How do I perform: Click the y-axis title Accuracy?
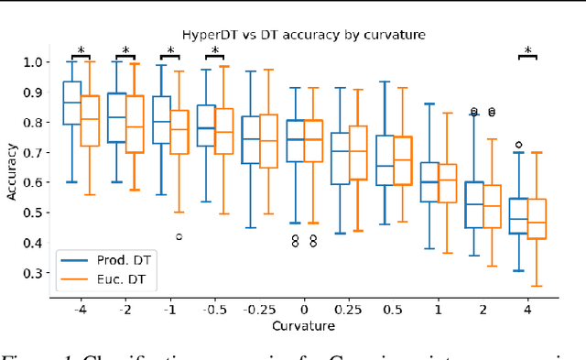pyautogui.click(x=12, y=169)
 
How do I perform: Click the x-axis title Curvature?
pyautogui.click(x=303, y=325)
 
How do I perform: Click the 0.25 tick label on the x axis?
pyautogui.click(x=349, y=309)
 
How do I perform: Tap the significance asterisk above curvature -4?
pyautogui.click(x=81, y=51)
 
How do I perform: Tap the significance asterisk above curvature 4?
pyautogui.click(x=528, y=51)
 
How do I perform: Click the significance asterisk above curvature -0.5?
pyautogui.click(x=215, y=51)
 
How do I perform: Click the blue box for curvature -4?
pyautogui.click(x=71, y=103)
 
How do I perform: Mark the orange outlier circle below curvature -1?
pyautogui.click(x=179, y=236)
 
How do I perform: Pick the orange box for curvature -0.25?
pyautogui.click(x=269, y=141)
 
